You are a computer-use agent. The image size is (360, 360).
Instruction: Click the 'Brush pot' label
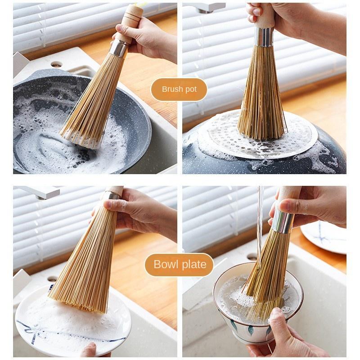pos(179,89)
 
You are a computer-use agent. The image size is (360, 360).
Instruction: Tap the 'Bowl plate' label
pos(180,264)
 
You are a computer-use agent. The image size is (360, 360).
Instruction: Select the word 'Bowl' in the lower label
pos(166,264)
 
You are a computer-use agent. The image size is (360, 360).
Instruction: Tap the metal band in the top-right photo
pos(264,37)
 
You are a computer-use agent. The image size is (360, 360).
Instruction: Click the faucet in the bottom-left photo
pos(40,192)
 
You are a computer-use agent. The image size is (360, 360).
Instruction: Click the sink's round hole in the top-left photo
pos(56,64)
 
